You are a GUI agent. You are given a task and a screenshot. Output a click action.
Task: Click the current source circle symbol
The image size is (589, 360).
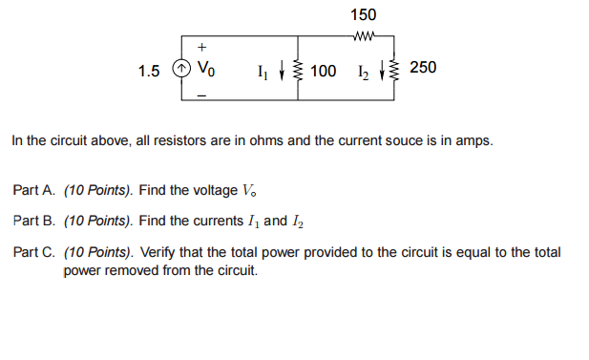[x=179, y=70]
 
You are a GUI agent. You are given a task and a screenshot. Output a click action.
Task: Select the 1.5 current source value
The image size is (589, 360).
[x=149, y=70]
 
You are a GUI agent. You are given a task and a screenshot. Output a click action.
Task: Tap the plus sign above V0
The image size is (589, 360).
[x=201, y=48]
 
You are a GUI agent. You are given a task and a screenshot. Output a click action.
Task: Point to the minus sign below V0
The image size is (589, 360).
[x=201, y=95]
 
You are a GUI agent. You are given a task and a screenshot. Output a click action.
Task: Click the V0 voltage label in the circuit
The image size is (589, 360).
[x=206, y=70]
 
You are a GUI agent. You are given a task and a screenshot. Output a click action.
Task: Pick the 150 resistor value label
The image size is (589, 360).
[x=363, y=14]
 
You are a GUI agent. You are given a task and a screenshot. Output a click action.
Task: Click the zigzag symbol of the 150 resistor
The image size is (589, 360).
[x=364, y=38]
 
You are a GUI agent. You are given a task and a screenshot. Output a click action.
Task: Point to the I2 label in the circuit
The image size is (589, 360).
[x=362, y=70]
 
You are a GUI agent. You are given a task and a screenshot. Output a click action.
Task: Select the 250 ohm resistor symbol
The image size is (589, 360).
[x=398, y=70]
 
